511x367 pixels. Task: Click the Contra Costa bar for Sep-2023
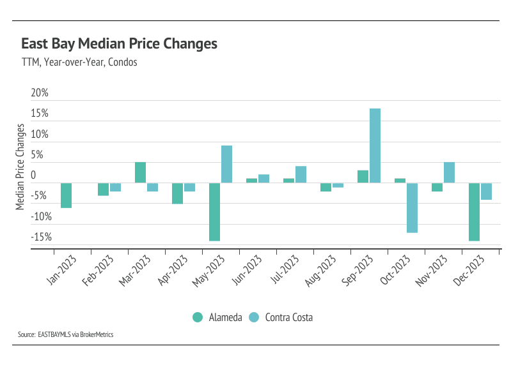(x=375, y=146)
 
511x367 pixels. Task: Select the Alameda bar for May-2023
(x=214, y=212)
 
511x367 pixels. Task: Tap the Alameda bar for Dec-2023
(x=474, y=212)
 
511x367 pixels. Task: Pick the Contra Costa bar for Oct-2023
(x=412, y=207)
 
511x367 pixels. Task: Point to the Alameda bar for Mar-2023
(x=140, y=172)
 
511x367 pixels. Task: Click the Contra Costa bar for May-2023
(x=226, y=164)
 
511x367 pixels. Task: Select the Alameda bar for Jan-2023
(x=66, y=195)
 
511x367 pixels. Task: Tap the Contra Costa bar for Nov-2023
(x=449, y=172)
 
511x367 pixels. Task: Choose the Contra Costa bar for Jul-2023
(x=301, y=174)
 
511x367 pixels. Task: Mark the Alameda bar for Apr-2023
(x=177, y=193)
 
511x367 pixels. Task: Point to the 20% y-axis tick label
(x=40, y=93)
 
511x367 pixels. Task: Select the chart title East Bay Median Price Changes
(x=120, y=44)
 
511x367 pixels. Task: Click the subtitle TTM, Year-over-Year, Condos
(x=79, y=63)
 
